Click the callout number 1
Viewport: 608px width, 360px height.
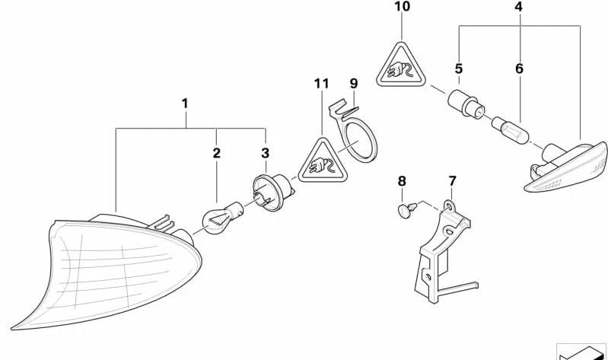pos(184,102)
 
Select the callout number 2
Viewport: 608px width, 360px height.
pos(217,154)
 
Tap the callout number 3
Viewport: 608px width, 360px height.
pos(265,154)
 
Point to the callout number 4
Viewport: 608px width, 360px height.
pos(519,8)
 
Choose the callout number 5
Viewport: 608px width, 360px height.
pos(459,68)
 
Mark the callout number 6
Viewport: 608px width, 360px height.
pos(519,68)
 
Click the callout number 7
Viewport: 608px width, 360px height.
pos(452,181)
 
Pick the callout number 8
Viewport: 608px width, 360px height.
pos(402,181)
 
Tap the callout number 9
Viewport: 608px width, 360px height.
pos(353,82)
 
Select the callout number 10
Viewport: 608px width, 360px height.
pos(402,8)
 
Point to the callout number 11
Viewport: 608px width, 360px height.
pos(321,82)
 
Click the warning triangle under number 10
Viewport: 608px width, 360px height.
pos(401,66)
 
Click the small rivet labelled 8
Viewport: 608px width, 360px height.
pos(406,209)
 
